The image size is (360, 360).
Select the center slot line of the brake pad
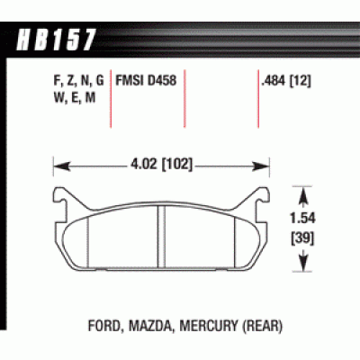(159, 234)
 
